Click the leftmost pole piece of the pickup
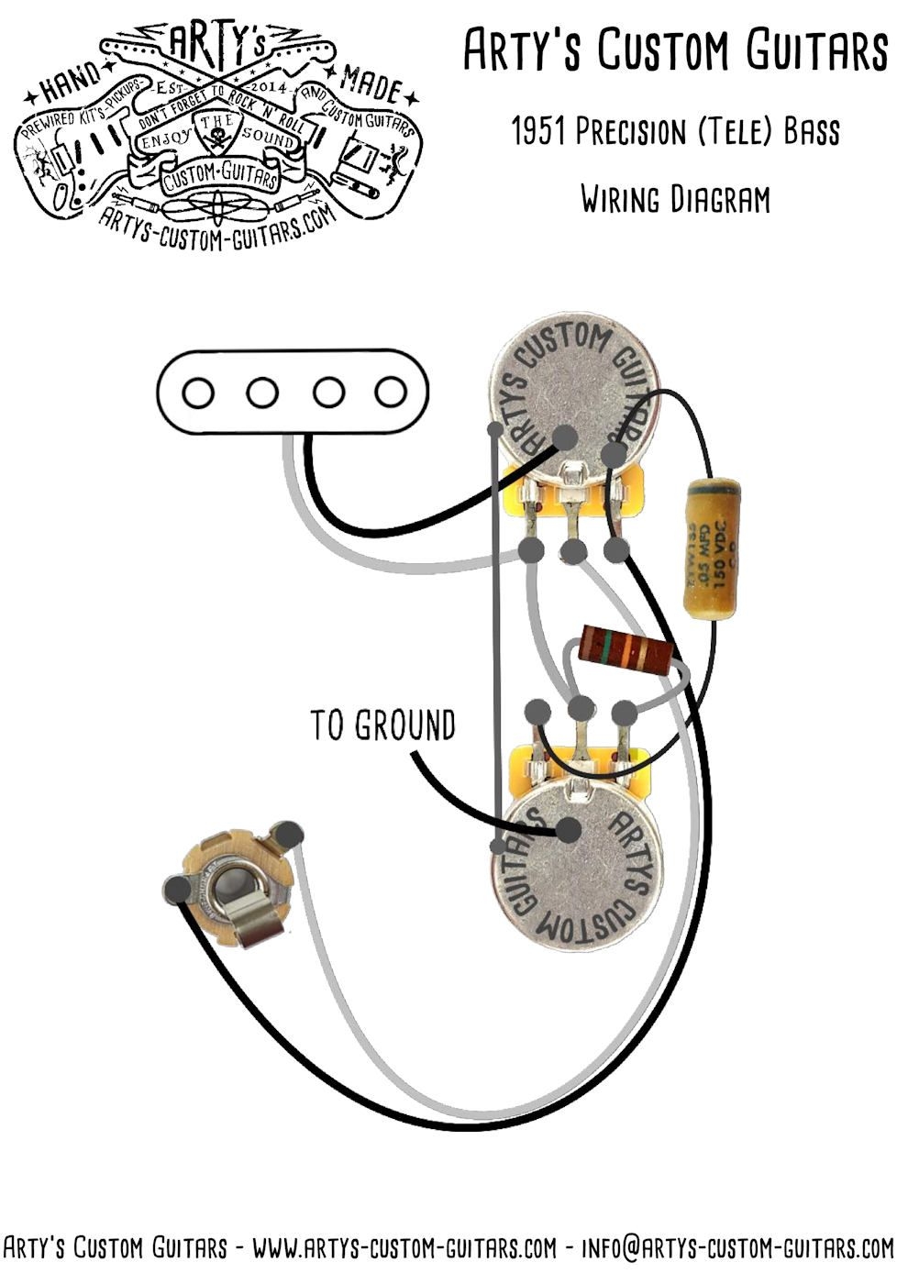pyautogui.click(x=196, y=393)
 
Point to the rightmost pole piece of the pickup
pyautogui.click(x=391, y=393)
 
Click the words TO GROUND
pyautogui.click(x=382, y=725)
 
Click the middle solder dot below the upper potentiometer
pyautogui.click(x=573, y=551)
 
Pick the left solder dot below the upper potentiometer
pyautogui.click(x=529, y=550)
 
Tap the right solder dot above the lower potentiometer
pyautogui.click(x=625, y=711)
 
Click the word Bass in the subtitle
pyautogui.click(x=811, y=133)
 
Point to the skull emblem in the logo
pyautogui.click(x=218, y=139)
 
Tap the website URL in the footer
pyautogui.click(x=404, y=1248)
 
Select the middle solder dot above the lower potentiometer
pyautogui.click(x=580, y=708)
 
